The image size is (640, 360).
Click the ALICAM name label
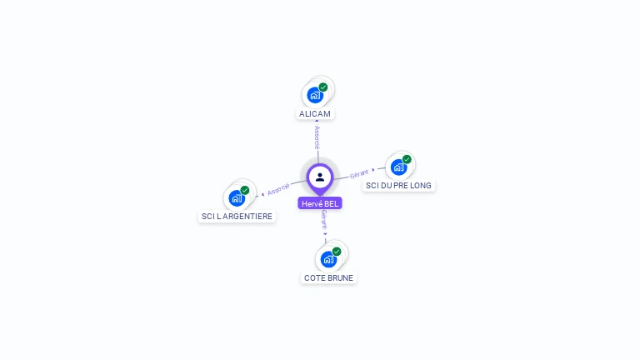315,113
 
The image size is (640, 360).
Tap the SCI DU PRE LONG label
400,186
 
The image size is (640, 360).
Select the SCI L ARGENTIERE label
237,217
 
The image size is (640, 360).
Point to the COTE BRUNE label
328,278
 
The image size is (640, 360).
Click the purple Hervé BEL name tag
320,203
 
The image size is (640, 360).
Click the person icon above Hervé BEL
320,177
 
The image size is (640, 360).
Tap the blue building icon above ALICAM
314,94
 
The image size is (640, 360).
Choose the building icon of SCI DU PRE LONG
398,167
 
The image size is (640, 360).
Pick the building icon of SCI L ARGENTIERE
237,198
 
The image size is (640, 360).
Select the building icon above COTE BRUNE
328,259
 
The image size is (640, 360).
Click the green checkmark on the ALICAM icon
323,87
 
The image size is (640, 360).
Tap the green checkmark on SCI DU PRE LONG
407,159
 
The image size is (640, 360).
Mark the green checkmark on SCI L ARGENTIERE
245,190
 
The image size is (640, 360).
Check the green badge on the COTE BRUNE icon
337,251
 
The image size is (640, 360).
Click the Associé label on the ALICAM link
317,136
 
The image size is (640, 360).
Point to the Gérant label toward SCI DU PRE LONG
359,174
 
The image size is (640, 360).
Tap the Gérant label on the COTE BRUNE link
323,220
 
